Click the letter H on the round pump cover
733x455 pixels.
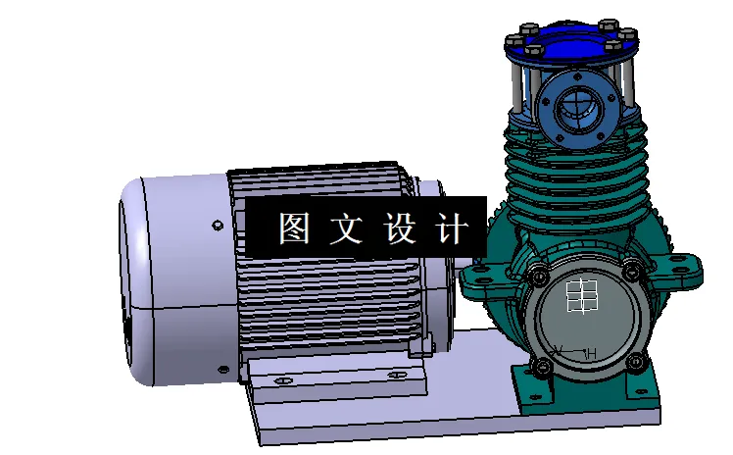pyautogui.click(x=591, y=353)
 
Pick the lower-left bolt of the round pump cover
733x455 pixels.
pyautogui.click(x=542, y=367)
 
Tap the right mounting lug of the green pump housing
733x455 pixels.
pyautogui.click(x=687, y=269)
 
